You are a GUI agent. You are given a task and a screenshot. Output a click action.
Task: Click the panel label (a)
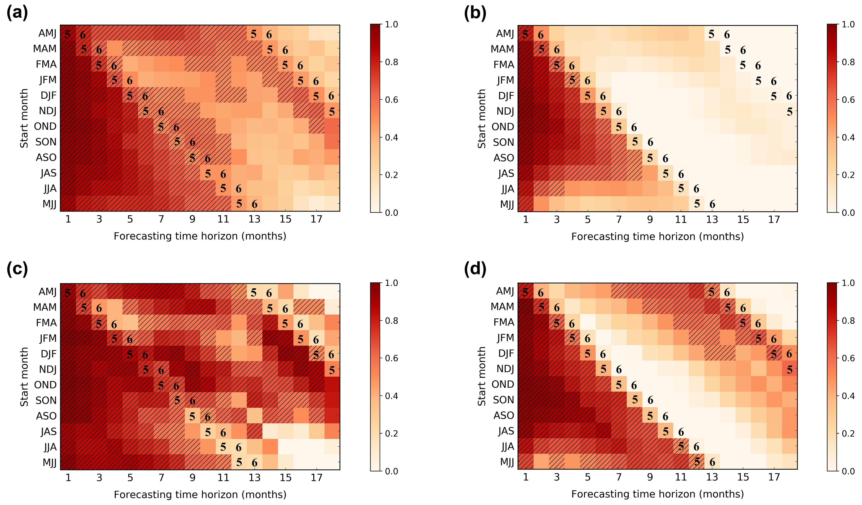17,14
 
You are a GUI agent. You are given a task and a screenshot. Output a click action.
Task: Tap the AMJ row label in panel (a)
47,33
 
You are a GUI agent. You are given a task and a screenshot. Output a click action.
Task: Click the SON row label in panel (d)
503,400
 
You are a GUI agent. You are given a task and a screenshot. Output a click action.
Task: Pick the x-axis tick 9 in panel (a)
192,219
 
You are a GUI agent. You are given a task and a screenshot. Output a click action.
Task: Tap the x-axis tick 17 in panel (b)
774,220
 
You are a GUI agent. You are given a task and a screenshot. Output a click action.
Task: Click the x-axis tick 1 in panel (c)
68,478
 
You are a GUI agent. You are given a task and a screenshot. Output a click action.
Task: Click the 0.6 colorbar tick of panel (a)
391,100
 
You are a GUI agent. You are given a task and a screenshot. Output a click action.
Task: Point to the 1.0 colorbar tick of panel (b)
848,25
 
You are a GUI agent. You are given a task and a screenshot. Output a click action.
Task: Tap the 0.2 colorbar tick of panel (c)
391,433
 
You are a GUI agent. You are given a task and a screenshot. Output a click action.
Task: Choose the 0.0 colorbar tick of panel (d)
848,471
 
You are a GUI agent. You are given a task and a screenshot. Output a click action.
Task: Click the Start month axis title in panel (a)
24,118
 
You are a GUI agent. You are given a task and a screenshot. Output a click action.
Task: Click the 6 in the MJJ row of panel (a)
254,205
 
